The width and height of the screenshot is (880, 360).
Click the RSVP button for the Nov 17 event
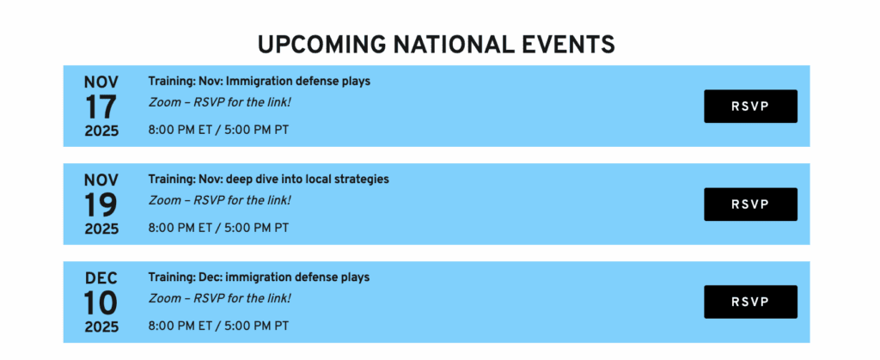(750, 106)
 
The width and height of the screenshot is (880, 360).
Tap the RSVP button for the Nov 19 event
(750, 204)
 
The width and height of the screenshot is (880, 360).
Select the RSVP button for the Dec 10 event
(750, 302)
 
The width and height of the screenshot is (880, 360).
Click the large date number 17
(101, 107)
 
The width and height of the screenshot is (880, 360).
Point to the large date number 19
(101, 204)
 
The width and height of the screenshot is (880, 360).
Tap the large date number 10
(101, 302)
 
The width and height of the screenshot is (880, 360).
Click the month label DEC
(101, 278)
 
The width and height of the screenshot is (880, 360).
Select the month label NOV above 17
(101, 82)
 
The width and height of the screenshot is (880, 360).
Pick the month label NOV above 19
(101, 180)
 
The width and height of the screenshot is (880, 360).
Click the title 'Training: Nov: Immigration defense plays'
(260, 82)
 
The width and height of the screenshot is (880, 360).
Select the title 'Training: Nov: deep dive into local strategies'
(268, 180)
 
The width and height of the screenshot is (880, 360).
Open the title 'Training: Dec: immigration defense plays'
(259, 277)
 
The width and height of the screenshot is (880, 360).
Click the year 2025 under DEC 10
(101, 326)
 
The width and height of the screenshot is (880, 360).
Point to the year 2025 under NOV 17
(101, 131)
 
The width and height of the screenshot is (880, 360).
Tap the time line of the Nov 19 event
(219, 228)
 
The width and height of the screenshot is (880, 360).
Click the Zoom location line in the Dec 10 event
(220, 298)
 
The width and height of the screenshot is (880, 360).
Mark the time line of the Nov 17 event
(219, 130)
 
